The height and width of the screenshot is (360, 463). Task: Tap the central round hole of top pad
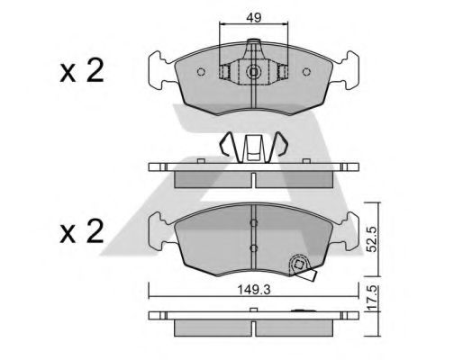pos(254,72)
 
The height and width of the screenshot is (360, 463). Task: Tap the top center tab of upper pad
pos(254,45)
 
